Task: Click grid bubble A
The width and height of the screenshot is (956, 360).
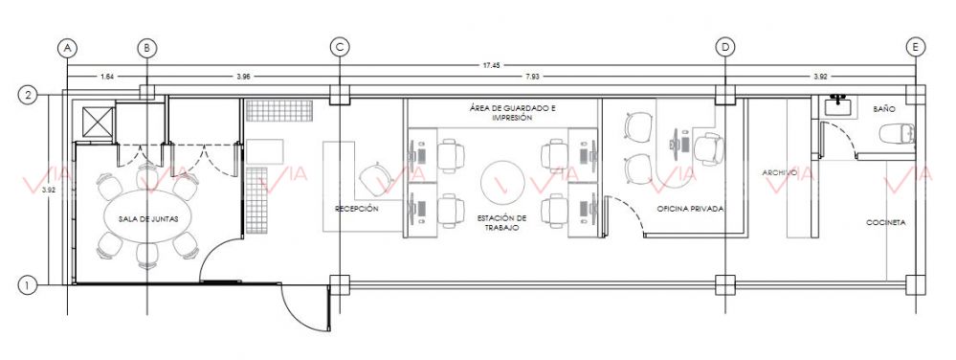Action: [67, 47]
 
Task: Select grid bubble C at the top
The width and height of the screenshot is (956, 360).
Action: [340, 47]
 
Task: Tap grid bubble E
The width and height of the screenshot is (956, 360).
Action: [916, 47]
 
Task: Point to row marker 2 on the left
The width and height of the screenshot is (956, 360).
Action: [27, 95]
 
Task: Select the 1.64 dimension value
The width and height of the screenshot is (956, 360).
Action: [107, 77]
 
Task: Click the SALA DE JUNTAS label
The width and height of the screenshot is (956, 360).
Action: [148, 219]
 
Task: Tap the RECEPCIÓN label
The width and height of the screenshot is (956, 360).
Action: [357, 209]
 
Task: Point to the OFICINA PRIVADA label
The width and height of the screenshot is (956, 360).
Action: [690, 209]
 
